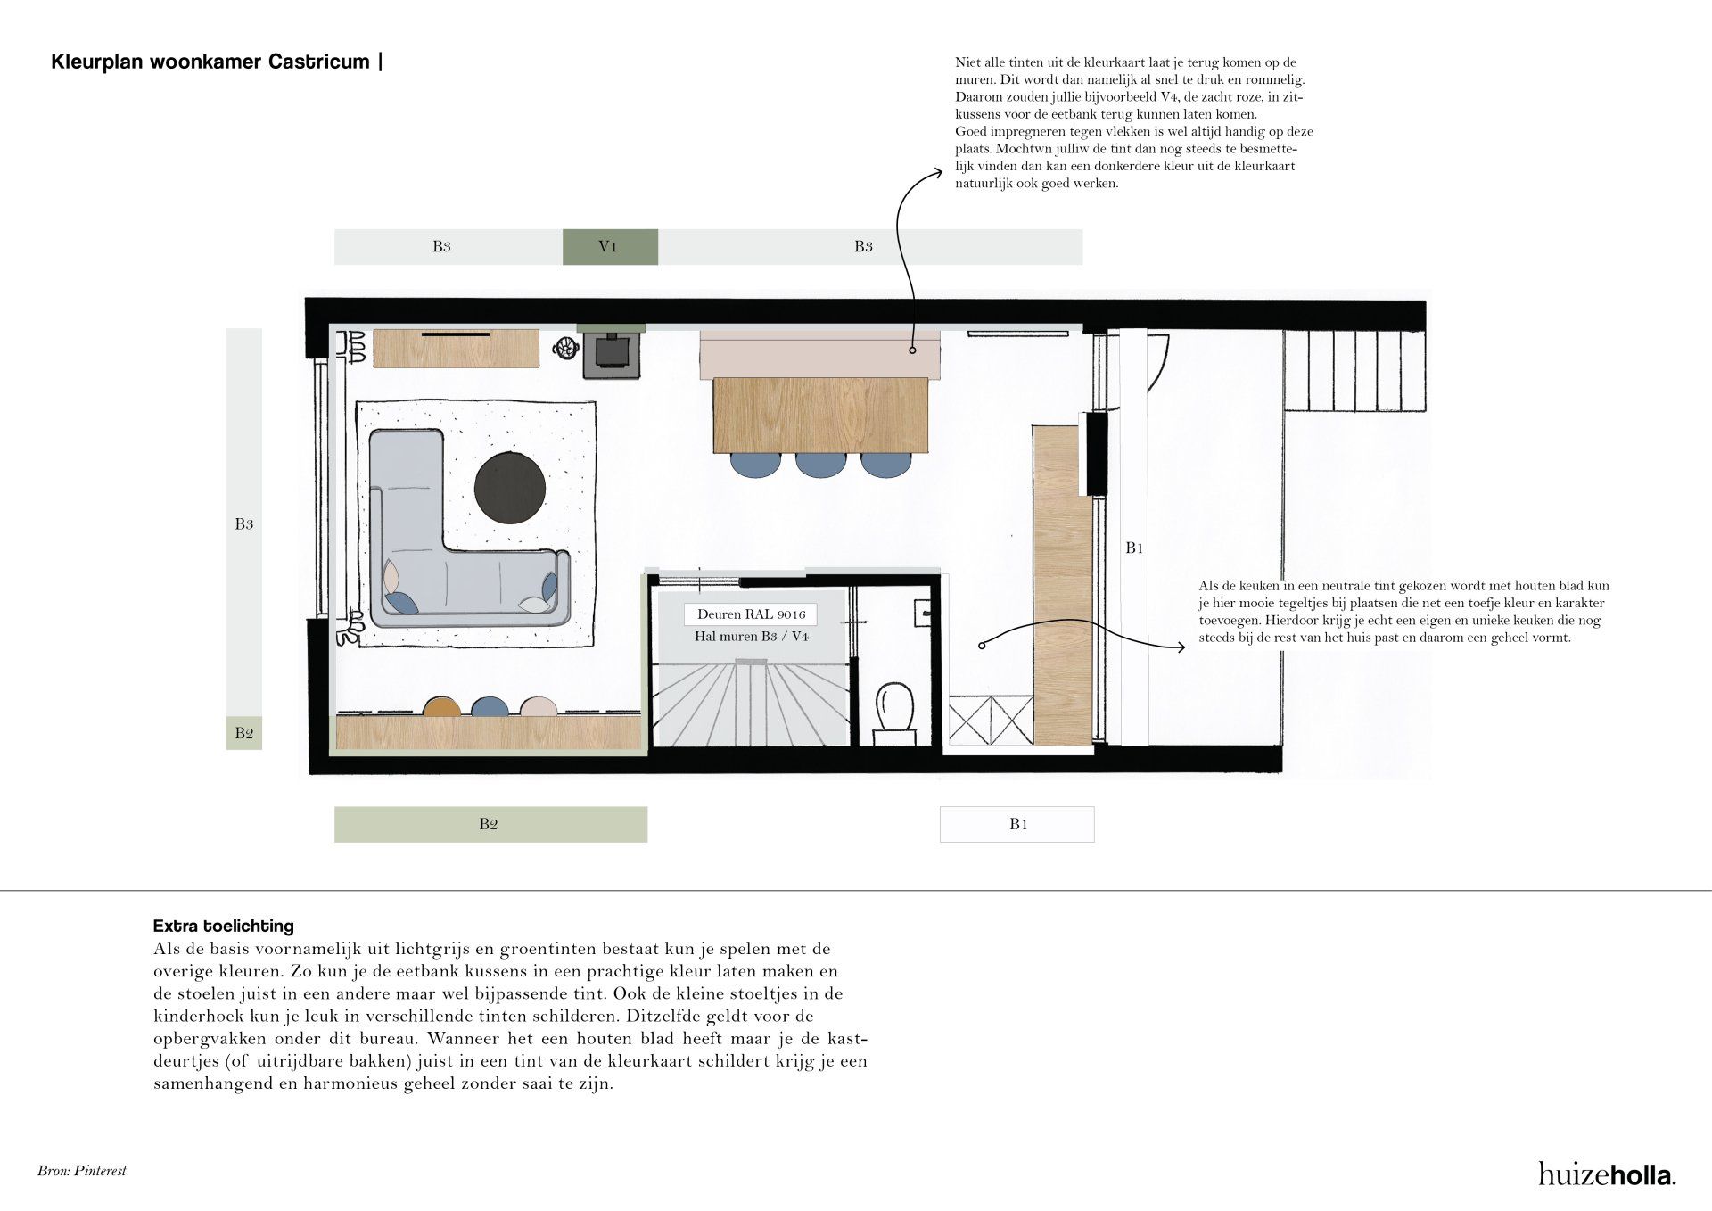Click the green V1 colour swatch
[x=610, y=247]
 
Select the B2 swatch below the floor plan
[x=490, y=824]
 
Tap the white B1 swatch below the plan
[x=1017, y=824]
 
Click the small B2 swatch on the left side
[x=243, y=733]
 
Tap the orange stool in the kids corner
[x=441, y=706]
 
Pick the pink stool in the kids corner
[x=539, y=706]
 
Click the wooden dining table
[x=820, y=416]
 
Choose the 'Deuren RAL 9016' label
[x=751, y=614]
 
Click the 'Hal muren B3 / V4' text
[x=752, y=637]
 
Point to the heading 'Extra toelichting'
[x=224, y=926]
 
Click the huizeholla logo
[x=1607, y=1174]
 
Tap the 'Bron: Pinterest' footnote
[x=82, y=1171]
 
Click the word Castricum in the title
[x=323, y=62]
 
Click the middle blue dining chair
[x=820, y=464]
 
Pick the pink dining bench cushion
[x=820, y=355]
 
